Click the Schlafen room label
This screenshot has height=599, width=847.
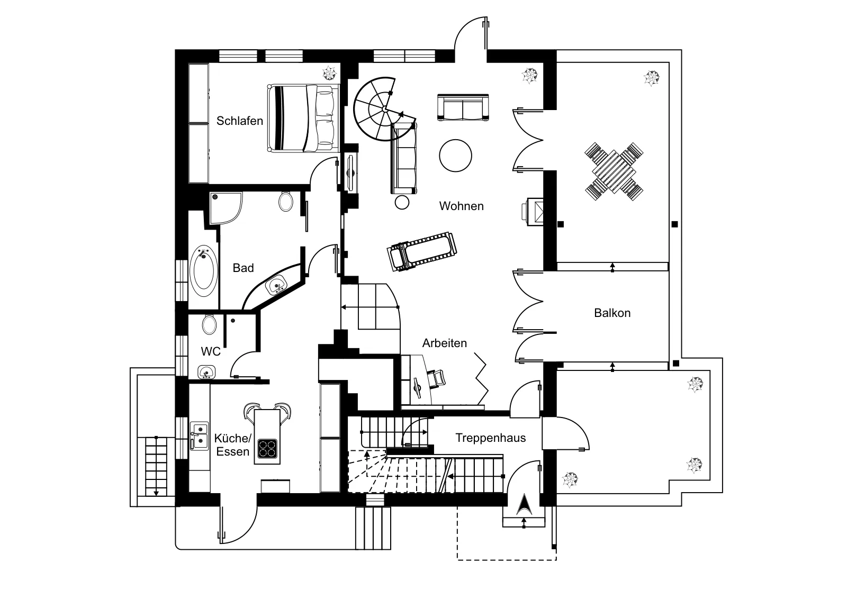pos(239,121)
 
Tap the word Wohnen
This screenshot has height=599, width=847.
pos(461,206)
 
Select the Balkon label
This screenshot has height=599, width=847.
pos(612,313)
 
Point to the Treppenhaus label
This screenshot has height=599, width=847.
pos(490,438)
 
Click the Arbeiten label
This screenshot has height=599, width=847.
pos(444,343)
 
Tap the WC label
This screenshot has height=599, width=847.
pos(211,351)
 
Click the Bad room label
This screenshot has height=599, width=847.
pos(243,268)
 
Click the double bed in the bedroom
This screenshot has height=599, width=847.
pos(303,119)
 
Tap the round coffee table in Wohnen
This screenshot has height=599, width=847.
pos(455,156)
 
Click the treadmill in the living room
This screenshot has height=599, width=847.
pos(421,251)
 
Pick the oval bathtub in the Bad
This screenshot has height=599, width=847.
pos(203,270)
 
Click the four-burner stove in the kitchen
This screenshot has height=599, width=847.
pos(267,449)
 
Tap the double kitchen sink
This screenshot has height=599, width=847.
pos(199,436)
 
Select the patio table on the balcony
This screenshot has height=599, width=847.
pos(614,171)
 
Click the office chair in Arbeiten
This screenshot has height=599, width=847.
pos(436,378)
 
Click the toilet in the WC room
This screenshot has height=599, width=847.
pos(209,324)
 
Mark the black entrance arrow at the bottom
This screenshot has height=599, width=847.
pos(524,504)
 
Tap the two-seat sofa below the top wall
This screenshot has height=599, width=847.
pos(463,107)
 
